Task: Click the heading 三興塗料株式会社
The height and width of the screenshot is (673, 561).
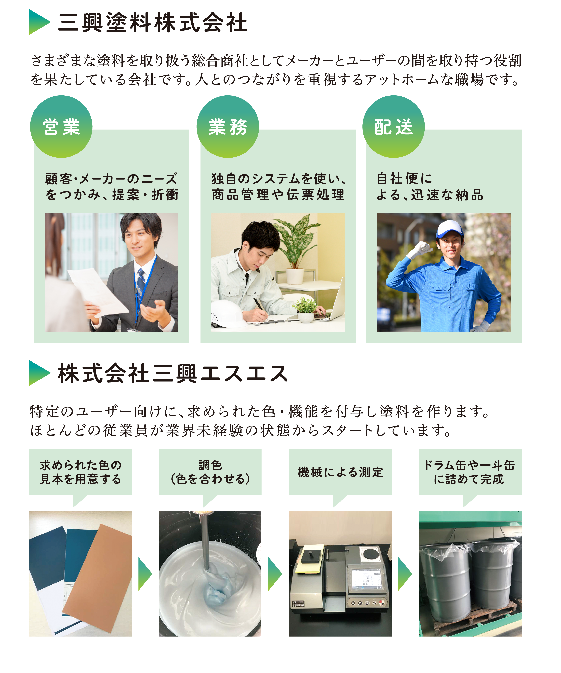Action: pos(153,22)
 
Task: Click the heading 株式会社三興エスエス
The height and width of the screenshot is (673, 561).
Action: pos(173,373)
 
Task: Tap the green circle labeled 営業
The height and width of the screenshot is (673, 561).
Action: pos(61,127)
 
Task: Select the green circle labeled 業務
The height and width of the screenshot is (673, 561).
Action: pos(228,127)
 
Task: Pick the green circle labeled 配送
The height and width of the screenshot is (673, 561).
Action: pos(394,127)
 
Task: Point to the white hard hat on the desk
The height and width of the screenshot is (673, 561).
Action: pos(228,314)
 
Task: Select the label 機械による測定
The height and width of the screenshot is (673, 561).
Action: pos(340,472)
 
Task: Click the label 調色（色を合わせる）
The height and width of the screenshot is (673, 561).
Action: pos(210,472)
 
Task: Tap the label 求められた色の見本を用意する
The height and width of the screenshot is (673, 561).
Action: pos(80,472)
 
